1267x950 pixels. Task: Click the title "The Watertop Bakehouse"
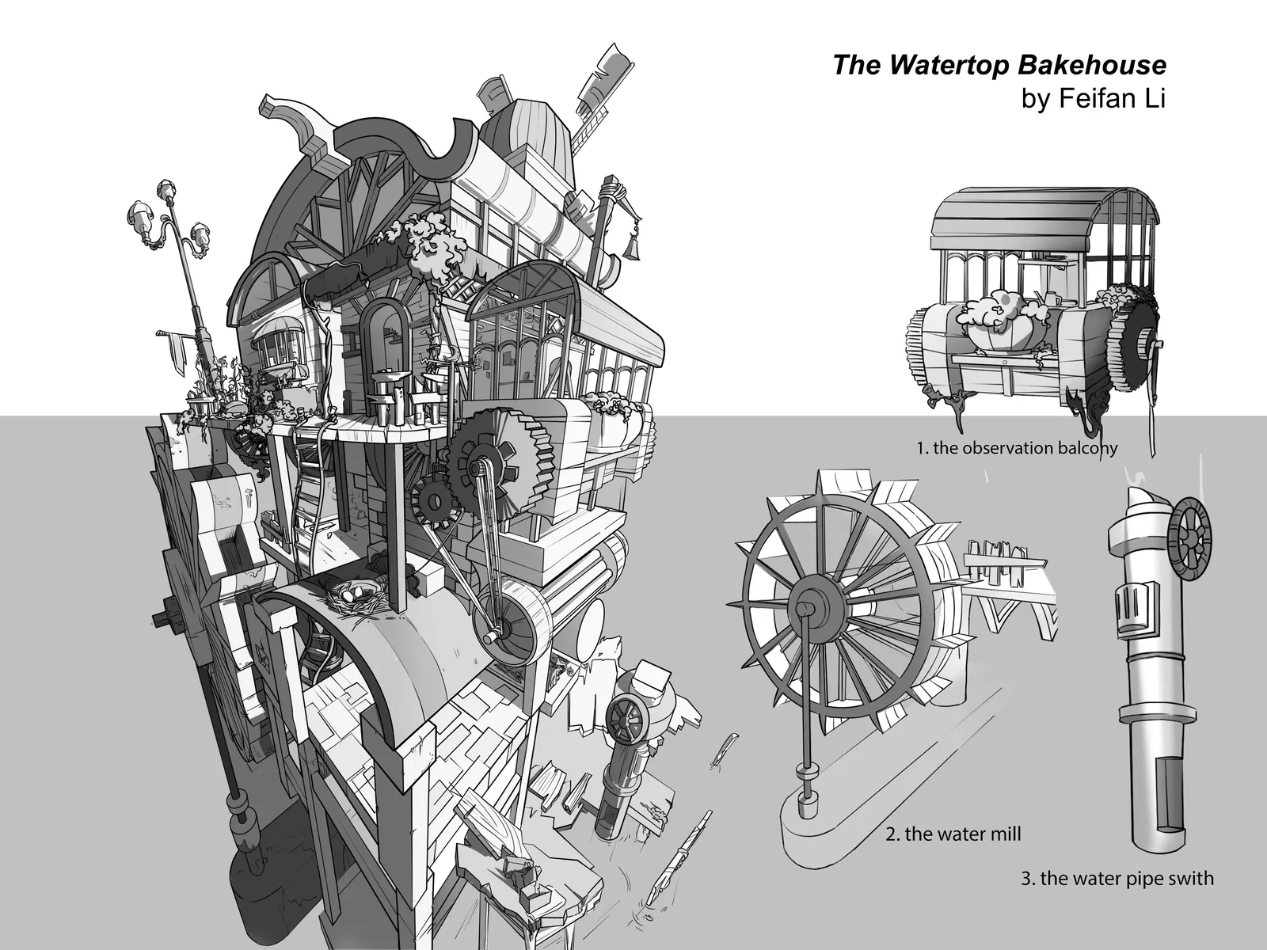pyautogui.click(x=999, y=65)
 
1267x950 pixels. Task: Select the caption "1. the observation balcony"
pyautogui.click(x=1017, y=447)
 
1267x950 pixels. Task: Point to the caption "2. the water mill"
pyautogui.click(x=953, y=834)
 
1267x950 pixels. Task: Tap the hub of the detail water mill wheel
pyautogui.click(x=804, y=606)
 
